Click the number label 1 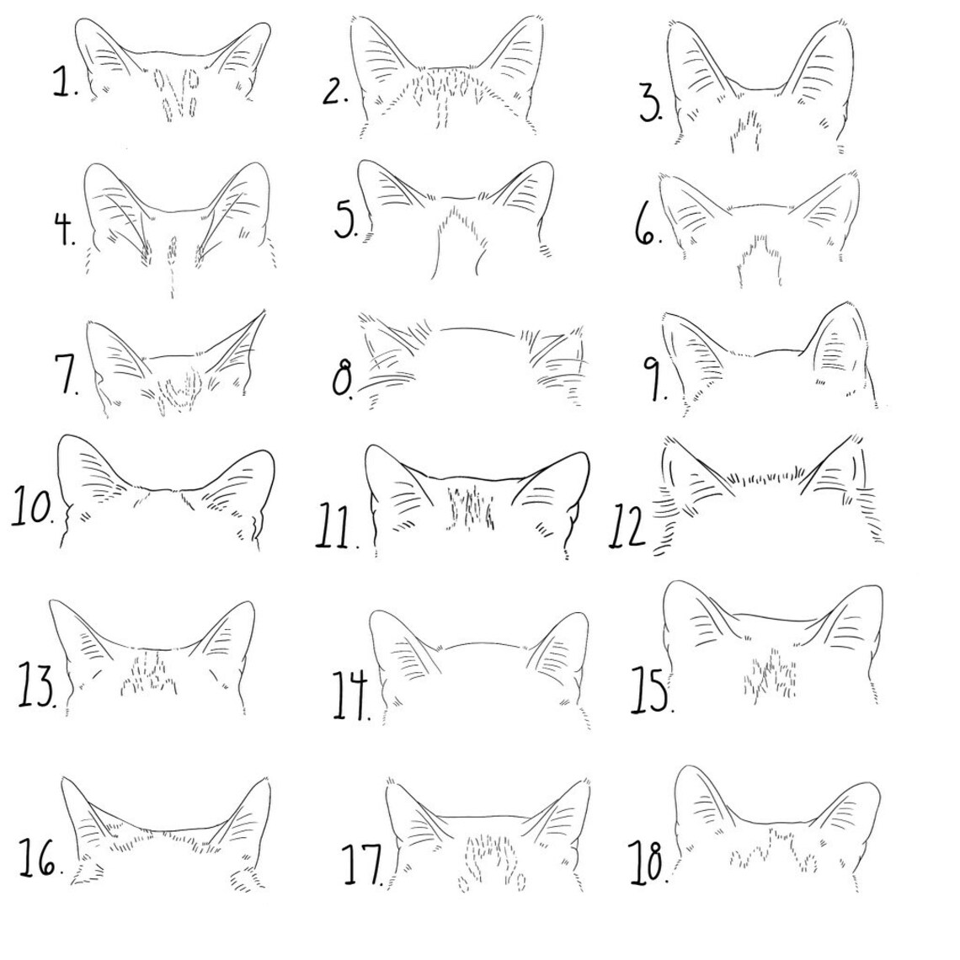click(64, 83)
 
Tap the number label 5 click(346, 221)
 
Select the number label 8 click(343, 381)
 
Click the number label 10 click(33, 508)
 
